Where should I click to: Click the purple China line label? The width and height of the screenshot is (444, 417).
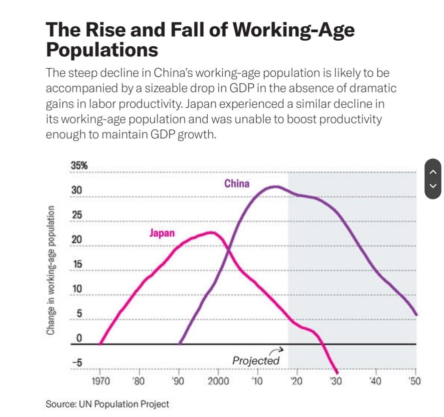pyautogui.click(x=237, y=184)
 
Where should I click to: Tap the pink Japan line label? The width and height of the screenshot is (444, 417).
pyautogui.click(x=161, y=233)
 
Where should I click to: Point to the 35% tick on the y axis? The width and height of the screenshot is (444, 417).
pyautogui.click(x=79, y=166)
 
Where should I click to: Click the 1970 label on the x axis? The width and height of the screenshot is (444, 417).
pyautogui.click(x=101, y=381)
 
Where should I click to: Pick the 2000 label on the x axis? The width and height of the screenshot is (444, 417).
pyautogui.click(x=218, y=381)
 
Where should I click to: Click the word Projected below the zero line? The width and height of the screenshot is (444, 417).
pyautogui.click(x=256, y=361)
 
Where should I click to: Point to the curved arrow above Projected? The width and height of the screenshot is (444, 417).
pyautogui.click(x=276, y=350)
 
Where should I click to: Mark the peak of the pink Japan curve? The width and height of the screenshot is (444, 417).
pyautogui.click(x=211, y=232)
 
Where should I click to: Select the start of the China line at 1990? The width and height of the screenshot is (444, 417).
pyautogui.click(x=180, y=344)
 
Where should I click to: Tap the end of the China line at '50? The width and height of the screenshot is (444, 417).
pyautogui.click(x=416, y=314)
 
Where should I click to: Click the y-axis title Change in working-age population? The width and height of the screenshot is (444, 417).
pyautogui.click(x=51, y=270)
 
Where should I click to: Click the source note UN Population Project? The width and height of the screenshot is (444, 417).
pyautogui.click(x=107, y=404)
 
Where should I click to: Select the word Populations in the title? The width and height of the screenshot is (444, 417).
pyautogui.click(x=102, y=50)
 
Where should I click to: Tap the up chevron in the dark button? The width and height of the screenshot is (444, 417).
pyautogui.click(x=433, y=172)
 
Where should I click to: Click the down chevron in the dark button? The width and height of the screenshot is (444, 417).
pyautogui.click(x=433, y=186)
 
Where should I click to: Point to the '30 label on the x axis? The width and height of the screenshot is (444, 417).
pyautogui.click(x=336, y=381)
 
